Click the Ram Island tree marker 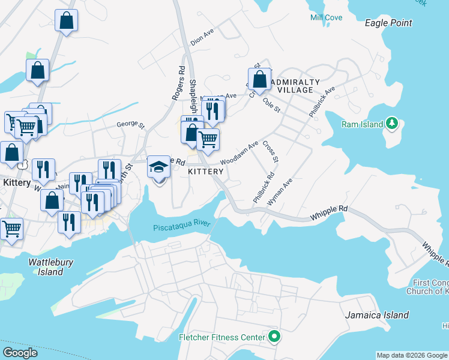pyautogui.click(x=392, y=123)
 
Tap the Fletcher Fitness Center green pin pyautogui.click(x=274, y=337)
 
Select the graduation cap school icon pyautogui.click(x=159, y=166)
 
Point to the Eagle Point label pyautogui.click(x=389, y=23)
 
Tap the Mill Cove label pyautogui.click(x=326, y=17)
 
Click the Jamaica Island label pyautogui.click(x=377, y=314)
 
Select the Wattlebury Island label pyautogui.click(x=46, y=267)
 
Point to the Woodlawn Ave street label pyautogui.click(x=239, y=153)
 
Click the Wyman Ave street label pyautogui.click(x=280, y=191)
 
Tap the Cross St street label pyautogui.click(x=271, y=152)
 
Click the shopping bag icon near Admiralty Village pyautogui.click(x=259, y=79)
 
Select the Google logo pyautogui.click(x=20, y=352)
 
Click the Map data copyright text pyautogui.click(x=411, y=355)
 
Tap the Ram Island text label pyautogui.click(x=363, y=125)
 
